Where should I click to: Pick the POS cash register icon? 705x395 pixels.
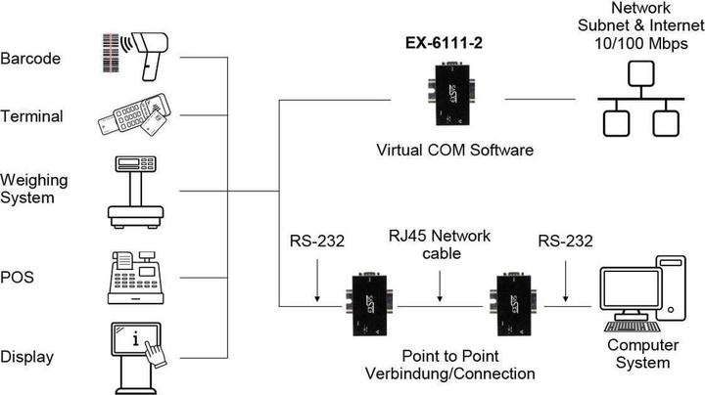click(x=135, y=277)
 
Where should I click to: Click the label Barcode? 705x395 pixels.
click(x=31, y=59)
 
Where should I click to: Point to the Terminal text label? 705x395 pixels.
click(x=31, y=117)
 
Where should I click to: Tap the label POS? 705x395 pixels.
click(x=18, y=278)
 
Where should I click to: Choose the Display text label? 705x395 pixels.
click(x=27, y=356)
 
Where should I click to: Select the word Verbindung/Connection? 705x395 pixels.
click(x=449, y=373)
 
